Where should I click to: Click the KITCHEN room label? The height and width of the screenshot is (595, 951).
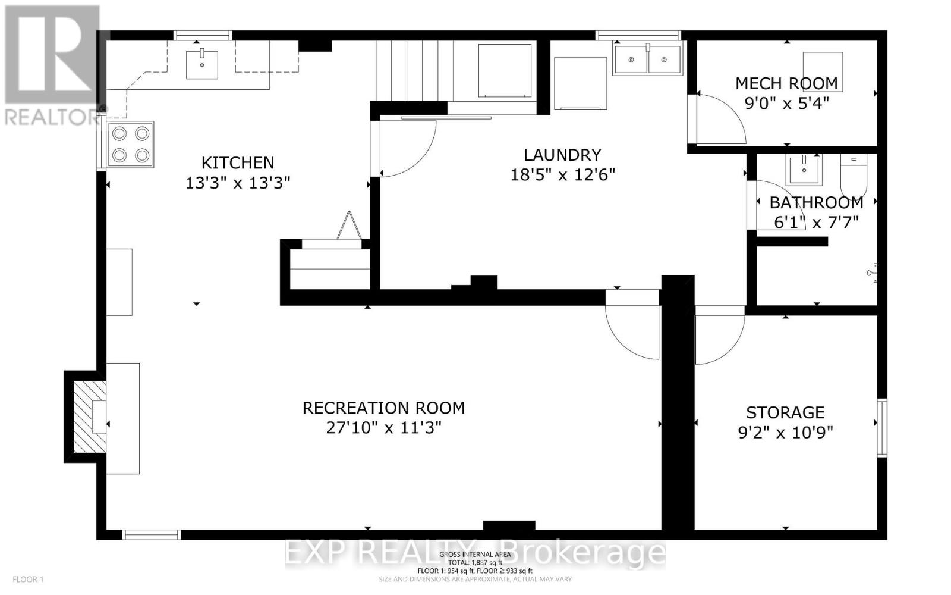click(x=238, y=162)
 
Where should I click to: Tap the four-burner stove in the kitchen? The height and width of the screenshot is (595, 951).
click(x=130, y=145)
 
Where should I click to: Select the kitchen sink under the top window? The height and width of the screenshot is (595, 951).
click(x=202, y=64)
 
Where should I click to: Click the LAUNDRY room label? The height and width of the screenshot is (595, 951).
click(x=562, y=155)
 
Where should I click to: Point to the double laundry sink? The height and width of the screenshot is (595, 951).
click(x=647, y=59)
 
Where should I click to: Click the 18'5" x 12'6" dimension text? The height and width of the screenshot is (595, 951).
click(x=562, y=175)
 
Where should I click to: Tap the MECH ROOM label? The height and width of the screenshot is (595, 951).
click(x=786, y=83)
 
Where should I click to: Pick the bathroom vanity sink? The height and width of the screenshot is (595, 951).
click(x=804, y=170)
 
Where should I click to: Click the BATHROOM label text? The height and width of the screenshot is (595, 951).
click(x=816, y=202)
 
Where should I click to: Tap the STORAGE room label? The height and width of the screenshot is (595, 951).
click(x=785, y=412)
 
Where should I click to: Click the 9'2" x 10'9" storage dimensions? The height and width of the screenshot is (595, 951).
click(x=785, y=432)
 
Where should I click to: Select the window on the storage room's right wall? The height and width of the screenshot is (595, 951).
click(x=882, y=428)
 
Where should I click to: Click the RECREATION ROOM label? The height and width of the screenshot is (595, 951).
click(x=383, y=408)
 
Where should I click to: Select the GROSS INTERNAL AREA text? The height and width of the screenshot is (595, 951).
click(x=475, y=555)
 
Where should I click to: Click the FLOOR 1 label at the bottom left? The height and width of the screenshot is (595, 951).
click(x=28, y=579)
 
